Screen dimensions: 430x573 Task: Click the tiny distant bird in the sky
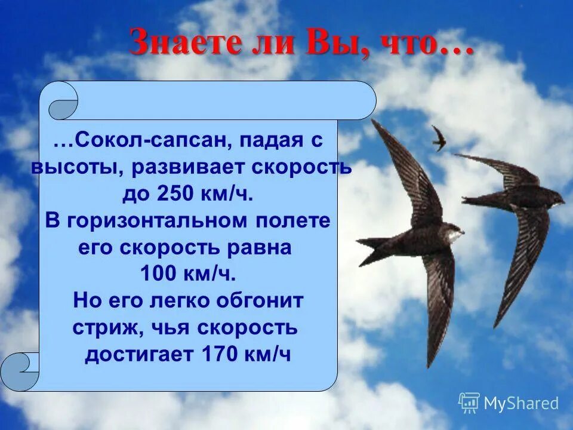pyautogui.click(x=439, y=138)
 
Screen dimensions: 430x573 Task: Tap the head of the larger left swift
pyautogui.click(x=457, y=233)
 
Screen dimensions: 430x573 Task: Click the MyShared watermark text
pyautogui.click(x=520, y=403)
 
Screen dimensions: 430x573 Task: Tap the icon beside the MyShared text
pyautogui.click(x=469, y=403)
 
